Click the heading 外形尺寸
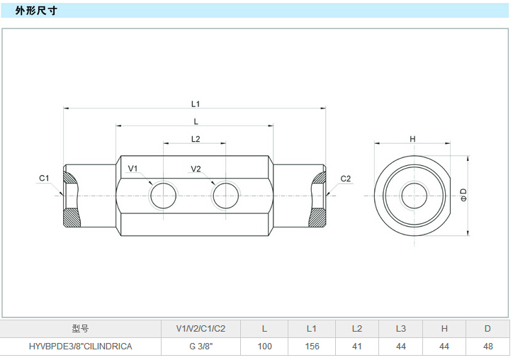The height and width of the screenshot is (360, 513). click(36, 11)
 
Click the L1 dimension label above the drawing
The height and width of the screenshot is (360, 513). click(196, 103)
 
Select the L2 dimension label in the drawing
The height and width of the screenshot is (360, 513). click(196, 139)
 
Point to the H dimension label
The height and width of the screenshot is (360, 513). click(412, 139)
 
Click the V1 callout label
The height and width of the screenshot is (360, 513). click(133, 169)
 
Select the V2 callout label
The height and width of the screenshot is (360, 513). click(196, 169)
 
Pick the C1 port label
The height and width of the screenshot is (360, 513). click(44, 179)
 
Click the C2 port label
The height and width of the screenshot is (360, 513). click(346, 179)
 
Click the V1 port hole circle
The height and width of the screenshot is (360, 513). click(164, 195)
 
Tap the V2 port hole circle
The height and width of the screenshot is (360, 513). click(227, 195)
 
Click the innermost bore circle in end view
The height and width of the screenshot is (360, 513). click(412, 195)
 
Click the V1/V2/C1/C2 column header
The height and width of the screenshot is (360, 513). click(201, 329)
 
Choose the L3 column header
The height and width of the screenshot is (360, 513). click(400, 329)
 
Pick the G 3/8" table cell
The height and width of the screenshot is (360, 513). click(201, 347)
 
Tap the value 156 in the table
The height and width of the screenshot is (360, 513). click(312, 347)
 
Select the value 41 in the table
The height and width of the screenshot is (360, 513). click(356, 347)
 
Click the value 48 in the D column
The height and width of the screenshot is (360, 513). click(487, 347)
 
